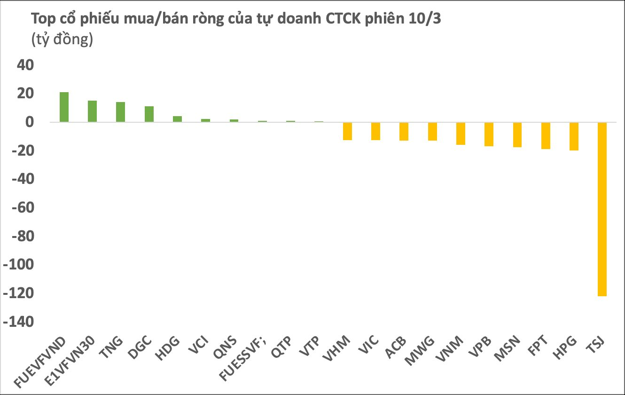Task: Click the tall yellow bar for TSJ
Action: click(602, 209)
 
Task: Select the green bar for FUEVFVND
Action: click(64, 107)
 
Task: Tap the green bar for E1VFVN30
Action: click(92, 111)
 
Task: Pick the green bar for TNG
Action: click(120, 112)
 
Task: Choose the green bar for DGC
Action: click(149, 114)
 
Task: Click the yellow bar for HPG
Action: click(574, 136)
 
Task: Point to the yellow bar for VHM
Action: click(347, 131)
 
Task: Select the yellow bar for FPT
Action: click(546, 135)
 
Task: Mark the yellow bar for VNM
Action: click(461, 134)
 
